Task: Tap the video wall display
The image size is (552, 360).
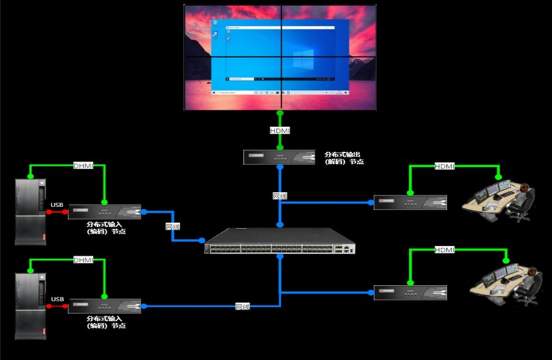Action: (x=280, y=58)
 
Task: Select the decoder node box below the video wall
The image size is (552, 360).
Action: (x=280, y=157)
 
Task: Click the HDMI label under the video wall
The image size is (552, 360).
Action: (x=280, y=130)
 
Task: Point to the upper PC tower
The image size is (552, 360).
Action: (x=30, y=211)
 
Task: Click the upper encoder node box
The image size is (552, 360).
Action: (x=105, y=212)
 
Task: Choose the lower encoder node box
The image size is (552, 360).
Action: (x=105, y=306)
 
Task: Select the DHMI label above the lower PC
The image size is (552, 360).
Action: (x=83, y=260)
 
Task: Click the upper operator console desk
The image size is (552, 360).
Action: (x=499, y=199)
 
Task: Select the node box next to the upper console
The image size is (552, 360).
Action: (x=410, y=202)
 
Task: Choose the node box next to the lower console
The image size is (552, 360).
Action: (x=410, y=292)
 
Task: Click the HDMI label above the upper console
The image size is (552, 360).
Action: (x=444, y=166)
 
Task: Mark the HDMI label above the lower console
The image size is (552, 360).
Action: (x=444, y=250)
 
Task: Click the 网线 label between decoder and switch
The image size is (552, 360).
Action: (x=279, y=196)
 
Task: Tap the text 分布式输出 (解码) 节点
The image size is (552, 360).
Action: (x=344, y=158)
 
